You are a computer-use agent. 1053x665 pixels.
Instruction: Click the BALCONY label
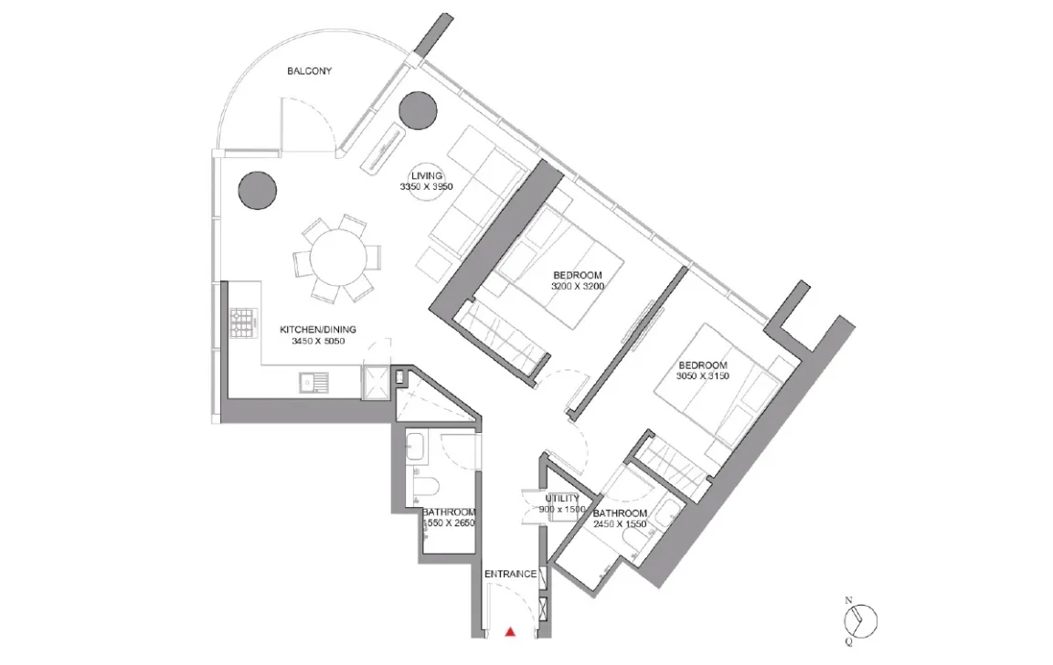(310, 70)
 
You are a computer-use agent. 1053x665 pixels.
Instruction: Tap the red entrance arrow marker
(511, 631)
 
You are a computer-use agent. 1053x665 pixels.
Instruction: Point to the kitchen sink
(314, 383)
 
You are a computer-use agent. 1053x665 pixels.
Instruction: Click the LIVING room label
(427, 175)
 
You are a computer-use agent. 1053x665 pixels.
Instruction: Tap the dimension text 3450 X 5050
(318, 341)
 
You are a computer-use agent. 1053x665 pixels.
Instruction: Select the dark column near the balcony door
(419, 110)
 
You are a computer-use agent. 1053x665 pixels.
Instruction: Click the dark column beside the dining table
(258, 190)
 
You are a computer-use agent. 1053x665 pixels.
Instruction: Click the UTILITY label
(562, 499)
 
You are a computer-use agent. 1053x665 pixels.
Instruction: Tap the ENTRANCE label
(510, 574)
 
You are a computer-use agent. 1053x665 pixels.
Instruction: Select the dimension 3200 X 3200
(578, 286)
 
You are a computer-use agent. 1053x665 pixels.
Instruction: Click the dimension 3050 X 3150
(703, 375)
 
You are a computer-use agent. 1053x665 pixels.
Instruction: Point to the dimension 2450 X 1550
(620, 524)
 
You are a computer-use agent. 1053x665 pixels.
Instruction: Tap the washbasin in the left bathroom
(415, 447)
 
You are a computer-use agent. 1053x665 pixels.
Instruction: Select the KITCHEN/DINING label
(318, 330)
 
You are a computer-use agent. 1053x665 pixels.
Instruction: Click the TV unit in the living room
(386, 148)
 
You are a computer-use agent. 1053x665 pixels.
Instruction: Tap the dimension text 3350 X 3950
(427, 186)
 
